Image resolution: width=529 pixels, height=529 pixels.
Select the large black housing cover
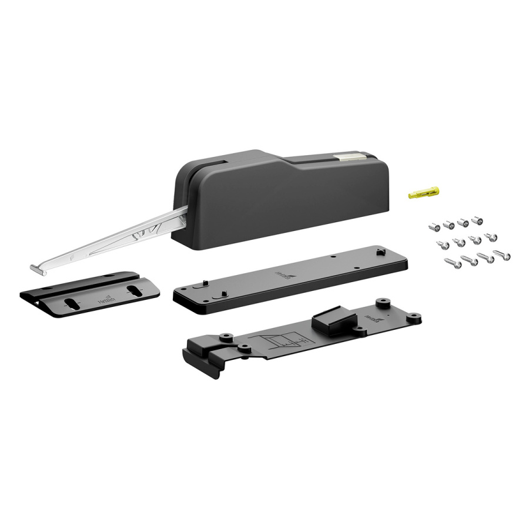coord(282,200)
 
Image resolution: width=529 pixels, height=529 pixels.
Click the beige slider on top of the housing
coord(351,156)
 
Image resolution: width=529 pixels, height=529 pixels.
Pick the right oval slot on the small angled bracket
coord(135,291)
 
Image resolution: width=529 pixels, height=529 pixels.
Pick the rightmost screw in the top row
coord(478,220)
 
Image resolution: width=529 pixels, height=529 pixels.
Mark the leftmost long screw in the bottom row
coord(454,263)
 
